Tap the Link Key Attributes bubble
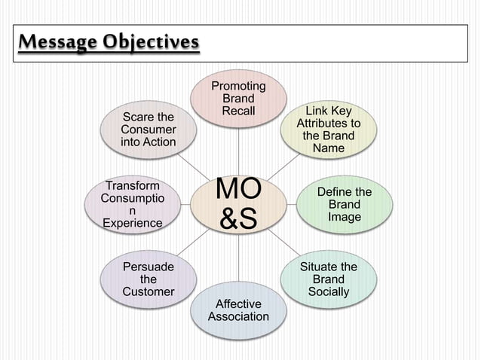tap(328, 130)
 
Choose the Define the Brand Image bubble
tap(344, 204)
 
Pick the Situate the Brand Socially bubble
tap(328, 279)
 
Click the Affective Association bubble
tap(238, 309)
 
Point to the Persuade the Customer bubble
tap(149, 279)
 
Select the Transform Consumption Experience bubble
tap(133, 204)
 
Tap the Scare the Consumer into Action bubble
tap(149, 130)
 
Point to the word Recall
tap(238, 111)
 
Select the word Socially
tap(328, 291)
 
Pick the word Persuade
tap(149, 267)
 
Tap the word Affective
tap(238, 304)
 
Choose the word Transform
tap(133, 185)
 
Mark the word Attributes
tap(328, 123)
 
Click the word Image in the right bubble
tap(344, 217)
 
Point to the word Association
tap(238, 316)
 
